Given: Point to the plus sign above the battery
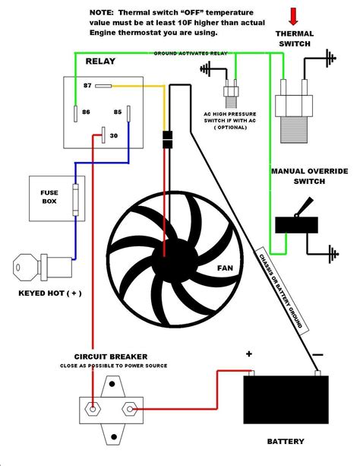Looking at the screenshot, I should tap(248, 353).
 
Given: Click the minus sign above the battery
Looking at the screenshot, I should tap(318, 353).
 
